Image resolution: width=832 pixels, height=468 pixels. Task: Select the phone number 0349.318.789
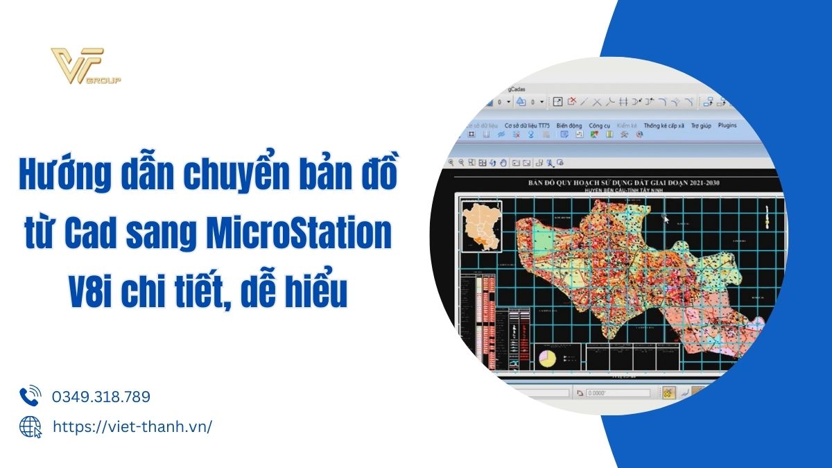(101, 397)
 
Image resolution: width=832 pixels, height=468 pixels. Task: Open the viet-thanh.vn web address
(132, 426)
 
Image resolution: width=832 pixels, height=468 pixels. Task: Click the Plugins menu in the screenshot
(727, 125)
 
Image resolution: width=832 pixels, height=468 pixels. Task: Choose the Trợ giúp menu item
(701, 125)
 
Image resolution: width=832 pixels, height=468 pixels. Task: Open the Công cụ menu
(599, 125)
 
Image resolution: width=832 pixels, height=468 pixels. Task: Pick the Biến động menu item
(570, 125)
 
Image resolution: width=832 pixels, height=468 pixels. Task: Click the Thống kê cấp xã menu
(664, 125)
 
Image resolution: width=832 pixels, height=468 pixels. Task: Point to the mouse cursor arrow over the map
(666, 219)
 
